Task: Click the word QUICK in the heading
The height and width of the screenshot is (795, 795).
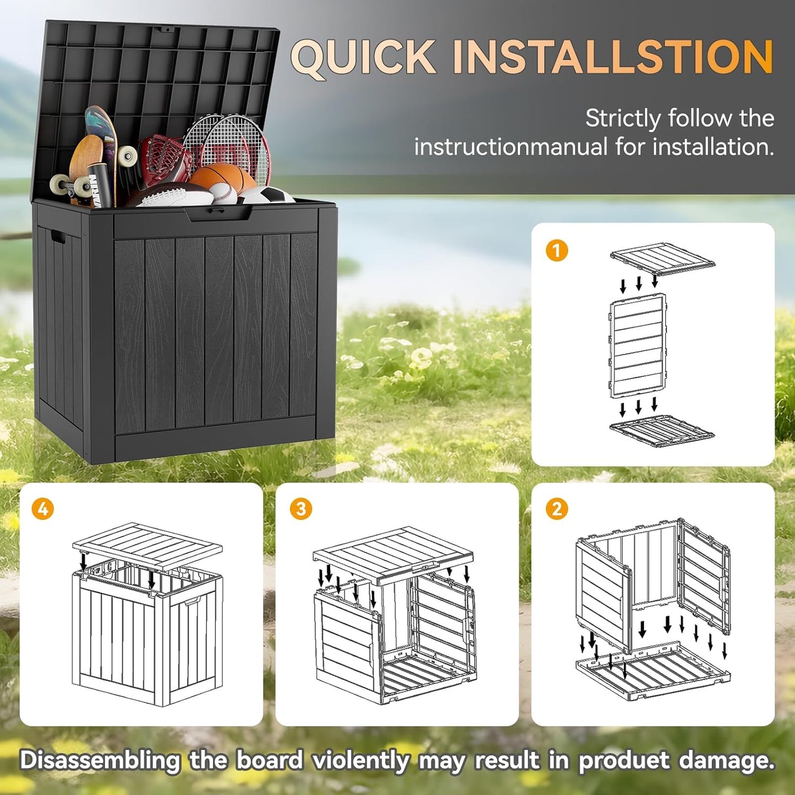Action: [363, 57]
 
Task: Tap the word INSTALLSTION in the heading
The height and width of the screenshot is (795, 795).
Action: [613, 57]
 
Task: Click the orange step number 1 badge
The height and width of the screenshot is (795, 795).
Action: [556, 251]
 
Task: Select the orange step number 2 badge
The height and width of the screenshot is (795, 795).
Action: [556, 509]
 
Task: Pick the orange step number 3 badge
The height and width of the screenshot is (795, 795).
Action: [300, 509]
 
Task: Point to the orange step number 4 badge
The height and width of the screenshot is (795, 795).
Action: [43, 509]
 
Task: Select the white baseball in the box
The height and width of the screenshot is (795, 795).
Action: [223, 193]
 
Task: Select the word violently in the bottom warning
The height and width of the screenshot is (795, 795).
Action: [360, 761]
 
